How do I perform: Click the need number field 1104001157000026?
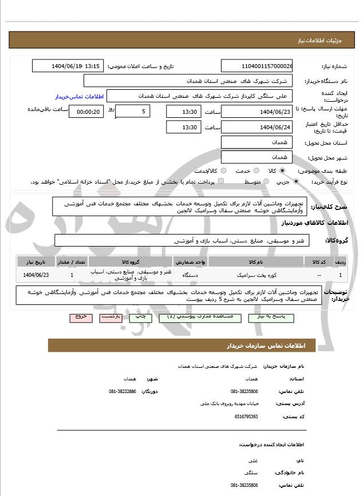257,66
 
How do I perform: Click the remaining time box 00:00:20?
86,112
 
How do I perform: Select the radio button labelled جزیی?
296,182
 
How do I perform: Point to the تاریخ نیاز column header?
35,261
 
